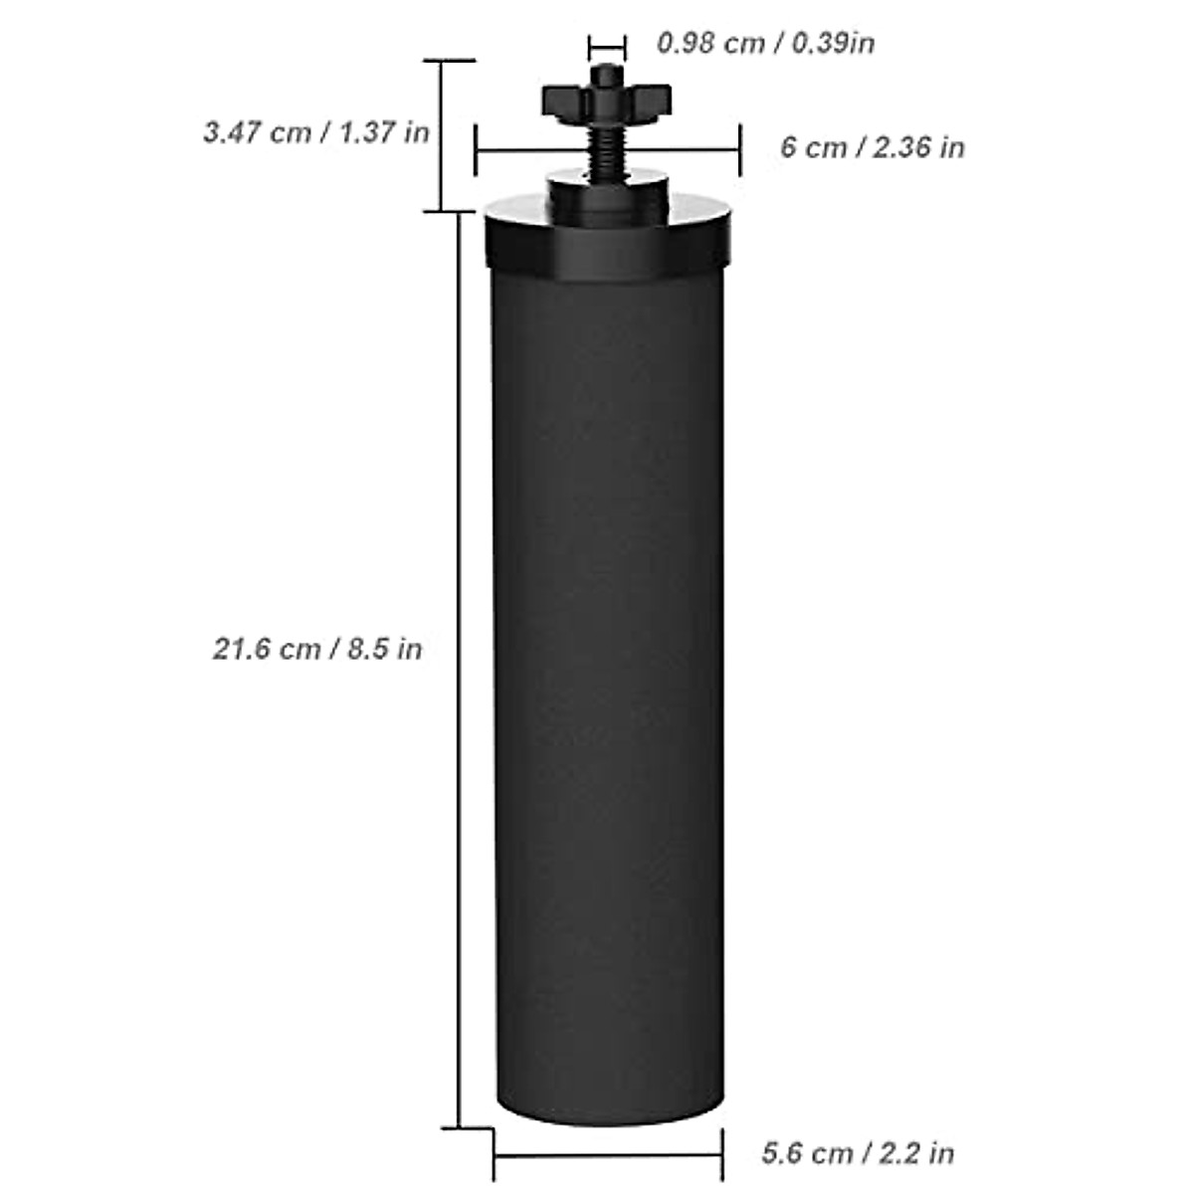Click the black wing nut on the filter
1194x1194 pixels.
point(607,99)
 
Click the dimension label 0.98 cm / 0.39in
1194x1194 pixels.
point(765,43)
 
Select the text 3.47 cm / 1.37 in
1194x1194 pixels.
point(316,131)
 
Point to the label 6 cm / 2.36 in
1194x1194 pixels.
point(872,147)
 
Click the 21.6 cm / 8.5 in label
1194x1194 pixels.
point(317,649)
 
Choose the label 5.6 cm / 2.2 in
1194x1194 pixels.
point(858,1153)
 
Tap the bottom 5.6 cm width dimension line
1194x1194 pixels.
point(608,1155)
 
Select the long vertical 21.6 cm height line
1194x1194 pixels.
point(458,696)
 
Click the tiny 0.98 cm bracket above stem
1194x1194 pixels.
point(607,46)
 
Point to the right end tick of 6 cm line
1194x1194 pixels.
point(740,149)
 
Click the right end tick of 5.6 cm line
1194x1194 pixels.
point(721,1155)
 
